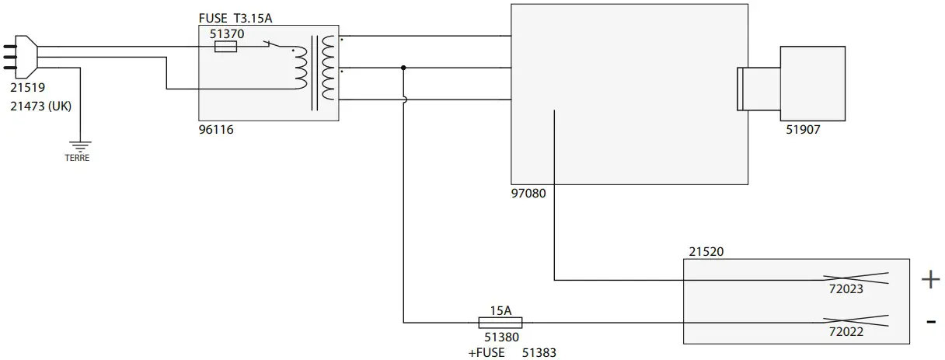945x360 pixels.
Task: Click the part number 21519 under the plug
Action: tap(27, 89)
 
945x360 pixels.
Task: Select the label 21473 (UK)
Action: tap(40, 107)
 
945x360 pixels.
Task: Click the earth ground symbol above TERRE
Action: tap(78, 145)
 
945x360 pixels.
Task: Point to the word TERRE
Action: tap(77, 158)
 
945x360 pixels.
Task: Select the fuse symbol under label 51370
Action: tap(225, 47)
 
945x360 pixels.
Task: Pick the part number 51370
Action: tap(227, 34)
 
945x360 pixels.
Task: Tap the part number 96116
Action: tap(216, 130)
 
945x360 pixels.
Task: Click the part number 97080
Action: tap(528, 194)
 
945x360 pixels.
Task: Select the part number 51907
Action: tap(803, 131)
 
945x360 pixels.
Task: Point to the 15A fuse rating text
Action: tap(500, 310)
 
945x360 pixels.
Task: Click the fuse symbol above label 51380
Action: tap(500, 322)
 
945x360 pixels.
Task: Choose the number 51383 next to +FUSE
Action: tap(539, 352)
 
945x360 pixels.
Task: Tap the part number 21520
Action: tap(706, 251)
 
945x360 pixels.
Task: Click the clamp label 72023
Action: tap(846, 290)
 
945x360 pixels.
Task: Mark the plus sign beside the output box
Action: tap(930, 280)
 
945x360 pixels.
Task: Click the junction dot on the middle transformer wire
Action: tap(403, 68)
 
